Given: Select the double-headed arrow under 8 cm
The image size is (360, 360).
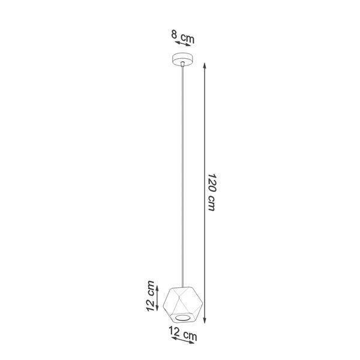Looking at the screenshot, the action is [x=183, y=44].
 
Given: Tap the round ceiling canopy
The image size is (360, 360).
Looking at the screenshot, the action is [x=182, y=59].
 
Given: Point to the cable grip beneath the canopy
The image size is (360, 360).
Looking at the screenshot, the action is [x=182, y=64].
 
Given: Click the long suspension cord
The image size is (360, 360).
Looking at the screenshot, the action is [x=182, y=177].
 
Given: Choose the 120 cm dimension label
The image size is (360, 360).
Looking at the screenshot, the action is [x=212, y=192].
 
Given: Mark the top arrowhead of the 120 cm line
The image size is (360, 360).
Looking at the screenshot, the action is [x=205, y=65].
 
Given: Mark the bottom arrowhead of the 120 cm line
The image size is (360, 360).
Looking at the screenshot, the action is [x=205, y=320].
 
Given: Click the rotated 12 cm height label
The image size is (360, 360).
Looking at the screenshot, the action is [x=150, y=296].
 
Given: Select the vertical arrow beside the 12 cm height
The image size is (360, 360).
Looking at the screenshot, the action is [x=157, y=298].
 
